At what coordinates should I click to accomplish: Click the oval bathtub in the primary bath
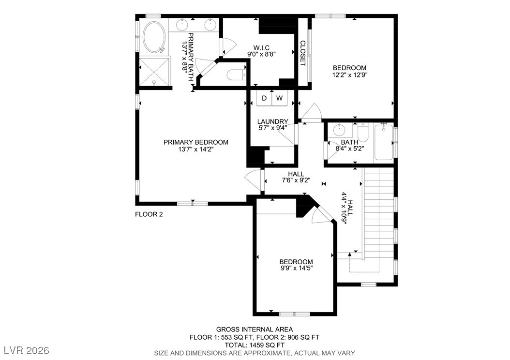click(x=153, y=37)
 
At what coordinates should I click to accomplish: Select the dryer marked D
click(x=264, y=98)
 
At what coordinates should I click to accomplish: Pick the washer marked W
click(x=279, y=98)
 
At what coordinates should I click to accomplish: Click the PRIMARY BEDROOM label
click(x=196, y=142)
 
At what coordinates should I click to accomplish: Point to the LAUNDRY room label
click(x=272, y=121)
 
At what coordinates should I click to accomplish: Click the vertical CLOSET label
click(x=302, y=53)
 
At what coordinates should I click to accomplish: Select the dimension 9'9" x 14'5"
click(x=296, y=268)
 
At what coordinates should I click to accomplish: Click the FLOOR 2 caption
click(x=149, y=214)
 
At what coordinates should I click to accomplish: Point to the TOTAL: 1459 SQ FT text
click(x=255, y=345)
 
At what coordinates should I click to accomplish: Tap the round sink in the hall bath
click(x=340, y=130)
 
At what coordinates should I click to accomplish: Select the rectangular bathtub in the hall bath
click(x=384, y=142)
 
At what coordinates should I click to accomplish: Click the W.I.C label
click(x=261, y=48)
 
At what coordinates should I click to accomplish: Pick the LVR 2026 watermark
click(x=27, y=351)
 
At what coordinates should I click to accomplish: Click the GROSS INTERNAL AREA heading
click(x=255, y=330)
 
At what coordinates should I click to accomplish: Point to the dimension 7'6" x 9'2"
click(x=296, y=180)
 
